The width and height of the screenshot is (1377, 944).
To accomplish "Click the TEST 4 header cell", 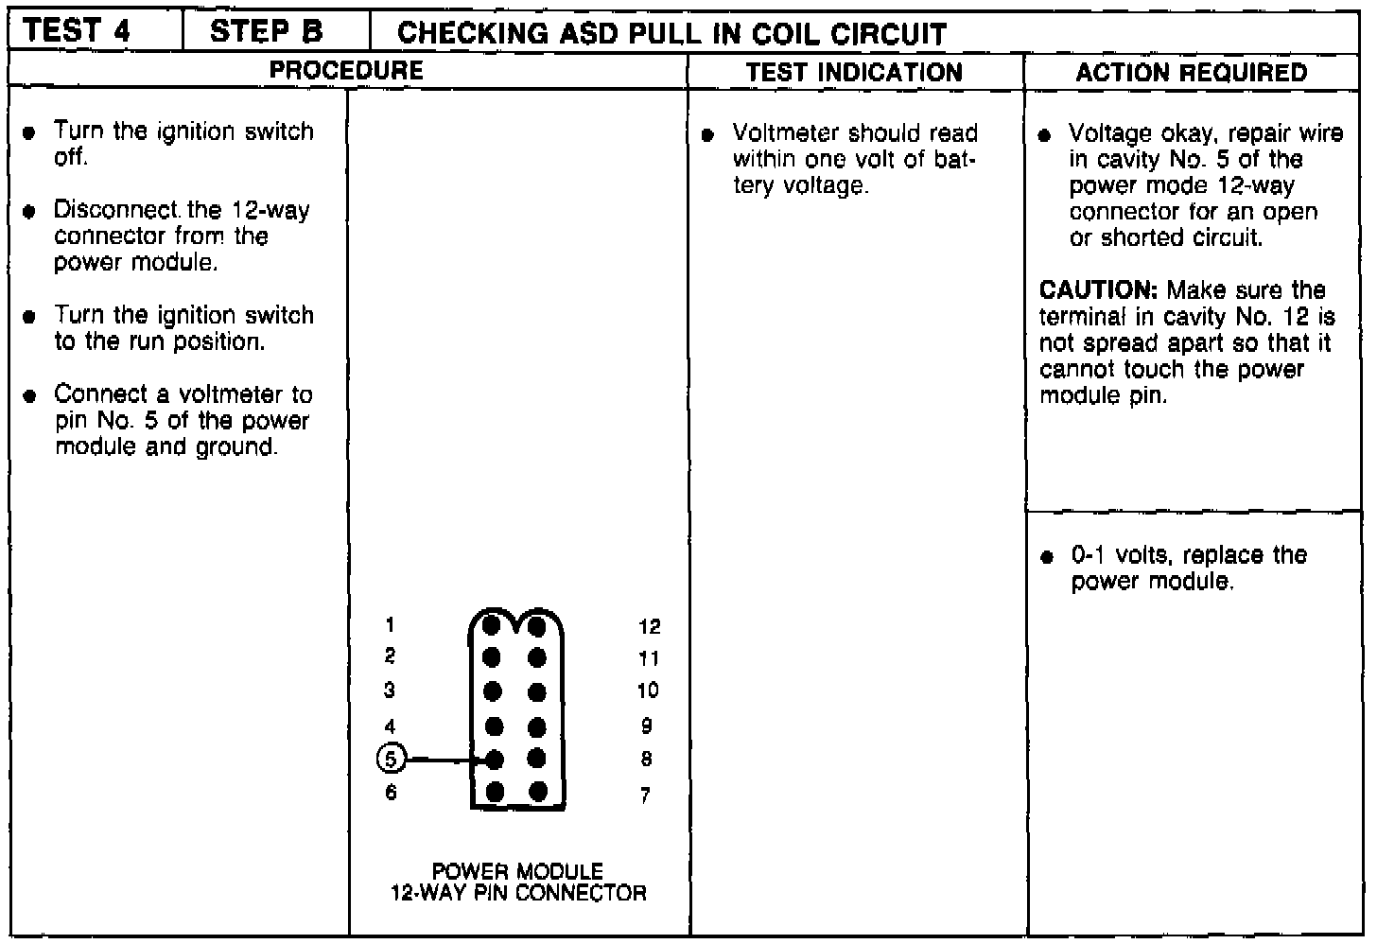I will [x=77, y=31].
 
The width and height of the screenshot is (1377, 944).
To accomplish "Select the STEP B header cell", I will [x=266, y=31].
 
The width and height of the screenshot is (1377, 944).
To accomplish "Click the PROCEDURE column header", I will [x=346, y=70].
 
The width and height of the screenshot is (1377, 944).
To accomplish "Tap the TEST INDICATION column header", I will [x=853, y=73].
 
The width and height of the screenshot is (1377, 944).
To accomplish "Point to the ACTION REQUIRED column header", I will [x=1191, y=73].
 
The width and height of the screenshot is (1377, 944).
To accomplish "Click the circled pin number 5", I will [x=392, y=759].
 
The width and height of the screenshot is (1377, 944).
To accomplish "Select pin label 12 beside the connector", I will [x=649, y=626].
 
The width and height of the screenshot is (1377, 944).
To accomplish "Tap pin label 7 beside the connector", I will [x=645, y=795].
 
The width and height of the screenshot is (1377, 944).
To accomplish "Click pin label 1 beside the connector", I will [x=390, y=624].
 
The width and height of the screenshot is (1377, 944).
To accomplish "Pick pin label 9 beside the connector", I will [x=646, y=725].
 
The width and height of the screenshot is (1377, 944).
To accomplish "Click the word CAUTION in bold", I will [x=1101, y=290].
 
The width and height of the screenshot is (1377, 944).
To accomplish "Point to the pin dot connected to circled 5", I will [x=493, y=759].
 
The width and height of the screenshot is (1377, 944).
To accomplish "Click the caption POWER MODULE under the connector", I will [x=517, y=870].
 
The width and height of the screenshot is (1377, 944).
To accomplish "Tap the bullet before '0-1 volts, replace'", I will [x=1045, y=557].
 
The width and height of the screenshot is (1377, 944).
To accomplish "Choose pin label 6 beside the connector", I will [x=391, y=793].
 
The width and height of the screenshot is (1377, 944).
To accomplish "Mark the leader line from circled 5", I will [x=444, y=759].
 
